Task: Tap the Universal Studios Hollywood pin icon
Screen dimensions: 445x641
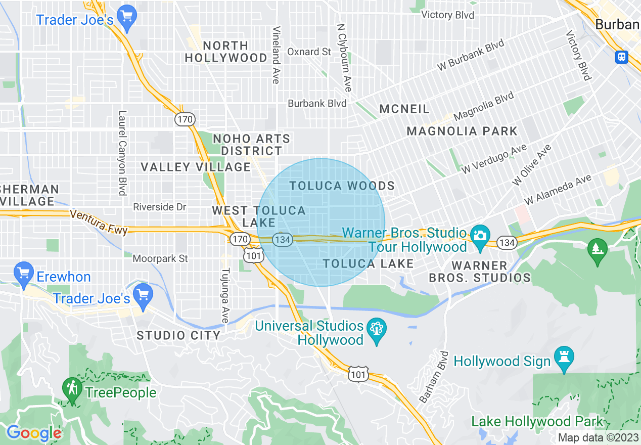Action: click(x=376, y=330)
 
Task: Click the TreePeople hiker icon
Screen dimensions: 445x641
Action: click(x=72, y=389)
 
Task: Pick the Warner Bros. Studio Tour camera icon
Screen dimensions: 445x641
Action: click(x=480, y=236)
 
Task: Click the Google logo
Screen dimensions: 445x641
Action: click(x=33, y=433)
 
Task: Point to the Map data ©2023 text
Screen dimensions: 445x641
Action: click(x=598, y=437)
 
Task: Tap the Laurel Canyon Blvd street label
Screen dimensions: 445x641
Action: click(x=122, y=153)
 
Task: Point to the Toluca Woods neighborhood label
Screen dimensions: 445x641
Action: click(x=342, y=186)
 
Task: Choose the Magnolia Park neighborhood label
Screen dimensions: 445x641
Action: click(x=462, y=131)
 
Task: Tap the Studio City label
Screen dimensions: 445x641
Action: click(x=178, y=335)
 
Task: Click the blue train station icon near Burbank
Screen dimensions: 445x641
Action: click(x=622, y=57)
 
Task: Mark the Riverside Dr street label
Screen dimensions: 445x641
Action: click(x=160, y=207)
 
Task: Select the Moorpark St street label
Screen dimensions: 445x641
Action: click(x=160, y=258)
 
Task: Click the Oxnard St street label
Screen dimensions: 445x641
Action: click(x=309, y=52)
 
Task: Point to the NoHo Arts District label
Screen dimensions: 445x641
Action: click(x=251, y=145)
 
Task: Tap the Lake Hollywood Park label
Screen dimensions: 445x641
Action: click(x=537, y=421)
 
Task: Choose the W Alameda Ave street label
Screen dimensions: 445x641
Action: click(x=558, y=190)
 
